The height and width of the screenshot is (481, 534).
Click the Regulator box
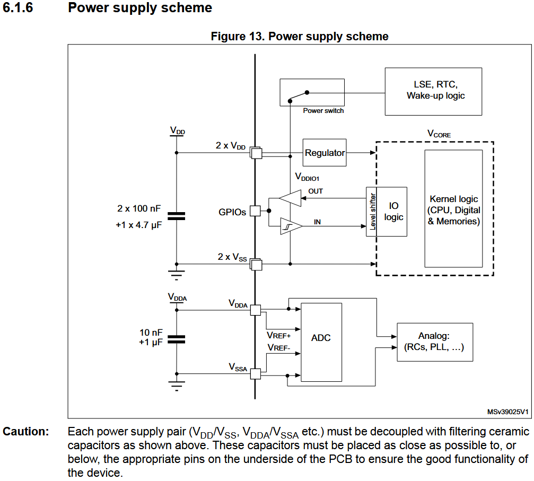325,153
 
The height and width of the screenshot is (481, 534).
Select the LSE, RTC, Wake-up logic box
433,91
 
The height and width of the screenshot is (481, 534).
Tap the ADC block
321,338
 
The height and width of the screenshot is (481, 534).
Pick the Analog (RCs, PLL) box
434,342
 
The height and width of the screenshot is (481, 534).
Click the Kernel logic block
453,209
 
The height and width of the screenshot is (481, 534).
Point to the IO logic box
393,212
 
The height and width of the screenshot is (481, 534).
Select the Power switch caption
323,111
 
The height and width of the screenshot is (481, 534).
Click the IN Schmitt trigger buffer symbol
290,226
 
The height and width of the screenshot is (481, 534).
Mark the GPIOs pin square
255,211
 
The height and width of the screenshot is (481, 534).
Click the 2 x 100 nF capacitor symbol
176,216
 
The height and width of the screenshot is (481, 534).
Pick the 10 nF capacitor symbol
176,338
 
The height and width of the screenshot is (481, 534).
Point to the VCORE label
439,135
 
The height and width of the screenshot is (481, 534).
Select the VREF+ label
278,335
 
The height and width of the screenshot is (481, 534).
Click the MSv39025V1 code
507,412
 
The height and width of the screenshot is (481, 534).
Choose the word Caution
25,432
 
